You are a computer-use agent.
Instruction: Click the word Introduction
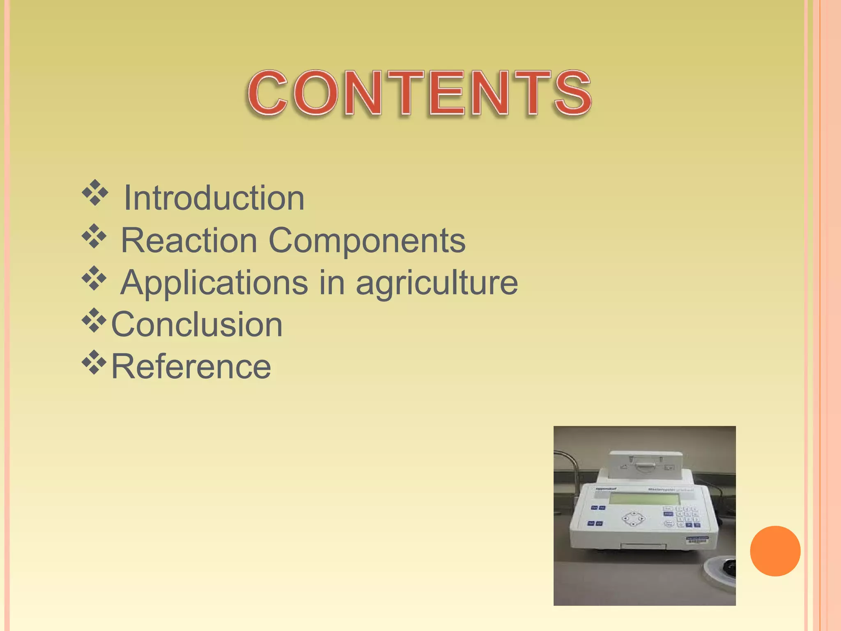tap(214, 198)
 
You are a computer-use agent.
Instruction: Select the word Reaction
tap(189, 240)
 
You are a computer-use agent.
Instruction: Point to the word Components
tap(367, 241)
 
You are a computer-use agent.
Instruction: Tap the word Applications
tap(214, 283)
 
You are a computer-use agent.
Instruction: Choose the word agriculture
tap(437, 283)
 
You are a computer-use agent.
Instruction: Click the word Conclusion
tap(197, 325)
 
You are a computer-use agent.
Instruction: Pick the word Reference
tap(191, 366)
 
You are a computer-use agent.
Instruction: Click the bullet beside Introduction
tap(95, 192)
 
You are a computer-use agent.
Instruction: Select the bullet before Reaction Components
tap(94, 236)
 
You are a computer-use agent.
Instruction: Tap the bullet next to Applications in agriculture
tap(94, 278)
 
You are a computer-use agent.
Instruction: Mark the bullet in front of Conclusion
tap(94, 320)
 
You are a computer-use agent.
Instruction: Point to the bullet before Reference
tap(94, 362)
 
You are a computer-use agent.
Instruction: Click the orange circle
tap(775, 551)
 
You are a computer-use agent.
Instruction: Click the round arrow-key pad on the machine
tap(633, 518)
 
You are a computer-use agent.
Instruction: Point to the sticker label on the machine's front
tap(697, 539)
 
